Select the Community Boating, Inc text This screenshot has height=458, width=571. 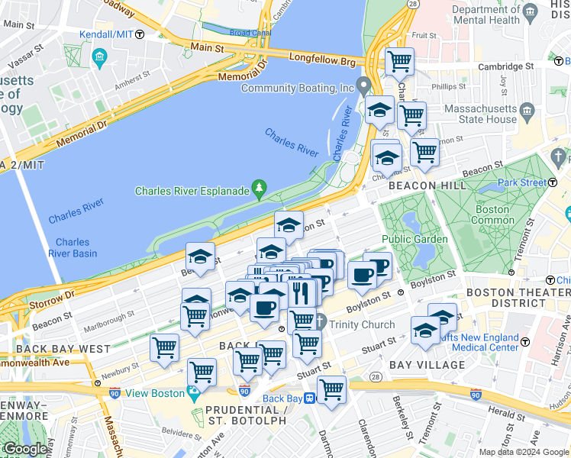[x=298, y=88]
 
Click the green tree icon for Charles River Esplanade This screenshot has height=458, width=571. [x=260, y=188]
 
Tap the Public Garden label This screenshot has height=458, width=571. [x=414, y=239]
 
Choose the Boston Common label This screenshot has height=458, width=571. [x=492, y=214]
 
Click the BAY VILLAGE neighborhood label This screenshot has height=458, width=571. [x=427, y=365]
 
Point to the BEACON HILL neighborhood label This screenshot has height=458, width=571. [x=421, y=185]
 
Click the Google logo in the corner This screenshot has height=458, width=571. [x=26, y=449]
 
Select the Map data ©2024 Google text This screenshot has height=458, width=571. [x=523, y=452]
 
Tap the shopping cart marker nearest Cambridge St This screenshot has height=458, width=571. [x=399, y=62]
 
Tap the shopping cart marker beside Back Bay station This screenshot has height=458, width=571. [x=331, y=389]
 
